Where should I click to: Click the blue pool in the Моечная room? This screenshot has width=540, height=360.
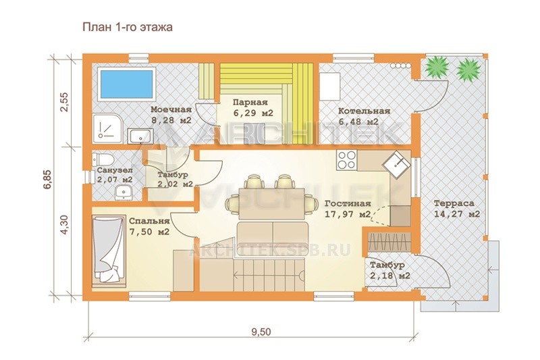[x=126, y=84]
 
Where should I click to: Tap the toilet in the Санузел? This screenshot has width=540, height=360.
[x=103, y=159]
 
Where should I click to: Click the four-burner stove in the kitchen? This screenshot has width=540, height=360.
[x=346, y=160]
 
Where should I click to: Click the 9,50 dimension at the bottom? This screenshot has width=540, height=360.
[x=261, y=332]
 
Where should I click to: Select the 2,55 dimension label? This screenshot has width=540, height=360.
[x=64, y=102]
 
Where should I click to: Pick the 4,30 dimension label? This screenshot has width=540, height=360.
[x=64, y=224]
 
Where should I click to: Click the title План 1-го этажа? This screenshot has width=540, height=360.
[x=128, y=27]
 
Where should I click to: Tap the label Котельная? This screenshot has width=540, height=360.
[x=364, y=111]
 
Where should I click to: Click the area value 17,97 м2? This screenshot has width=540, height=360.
[x=348, y=214]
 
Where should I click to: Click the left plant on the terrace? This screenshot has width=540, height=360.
[x=437, y=68]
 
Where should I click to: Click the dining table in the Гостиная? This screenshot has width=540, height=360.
[x=272, y=203]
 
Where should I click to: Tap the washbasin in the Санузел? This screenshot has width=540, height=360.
[x=123, y=192]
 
